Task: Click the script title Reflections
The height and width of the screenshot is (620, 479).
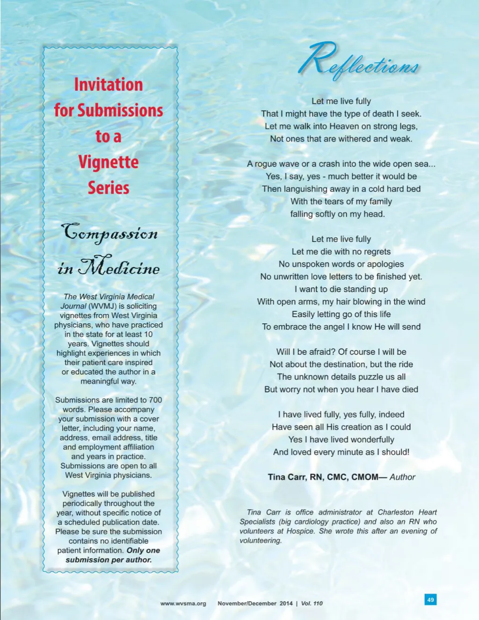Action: click(359, 61)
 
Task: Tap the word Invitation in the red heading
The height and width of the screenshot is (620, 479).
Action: click(109, 85)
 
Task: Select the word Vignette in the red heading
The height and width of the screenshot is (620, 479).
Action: click(109, 162)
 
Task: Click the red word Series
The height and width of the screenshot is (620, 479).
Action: click(109, 188)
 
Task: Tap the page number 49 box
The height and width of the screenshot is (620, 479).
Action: click(430, 599)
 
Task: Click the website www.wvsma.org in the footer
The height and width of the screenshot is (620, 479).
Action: click(183, 604)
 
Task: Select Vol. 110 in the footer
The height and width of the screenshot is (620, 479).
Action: click(312, 604)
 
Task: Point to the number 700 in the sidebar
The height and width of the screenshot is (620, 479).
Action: click(155, 400)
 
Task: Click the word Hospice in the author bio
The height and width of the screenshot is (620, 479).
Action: click(300, 531)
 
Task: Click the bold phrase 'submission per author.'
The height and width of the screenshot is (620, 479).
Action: click(109, 560)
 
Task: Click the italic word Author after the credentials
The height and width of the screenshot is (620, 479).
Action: click(402, 477)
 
